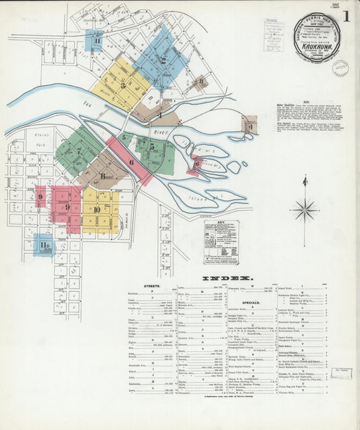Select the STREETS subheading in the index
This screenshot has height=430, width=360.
pos(152,286)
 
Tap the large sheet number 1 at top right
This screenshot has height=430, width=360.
pos(346,17)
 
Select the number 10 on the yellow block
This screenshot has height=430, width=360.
pos(97,210)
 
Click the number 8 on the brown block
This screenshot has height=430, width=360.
pos(103,176)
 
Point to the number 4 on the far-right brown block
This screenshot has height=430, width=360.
pos(250,126)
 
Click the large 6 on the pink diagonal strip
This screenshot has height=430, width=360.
pos(131,162)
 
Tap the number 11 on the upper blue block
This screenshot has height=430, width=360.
pos(97,41)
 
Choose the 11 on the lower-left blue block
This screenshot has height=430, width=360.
pos(44,245)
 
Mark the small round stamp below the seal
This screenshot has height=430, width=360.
pos(340,68)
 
